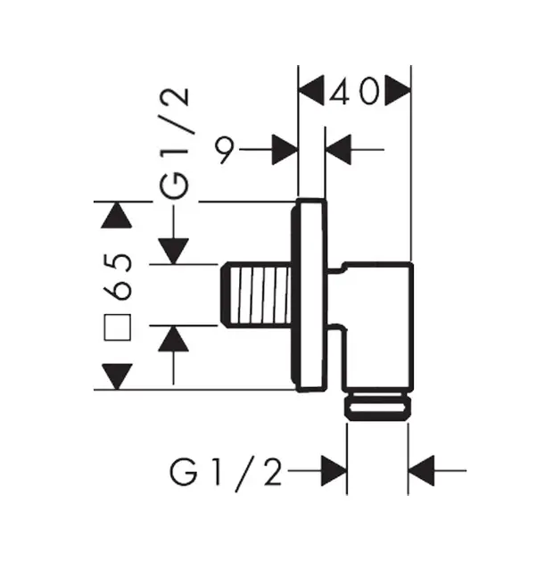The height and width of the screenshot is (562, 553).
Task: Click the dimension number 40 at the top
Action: coord(354,91)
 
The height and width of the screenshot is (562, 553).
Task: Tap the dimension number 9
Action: coord(225,149)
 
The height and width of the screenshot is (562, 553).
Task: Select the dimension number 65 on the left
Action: coord(117,277)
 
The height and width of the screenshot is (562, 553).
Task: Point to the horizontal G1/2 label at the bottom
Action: coord(226,473)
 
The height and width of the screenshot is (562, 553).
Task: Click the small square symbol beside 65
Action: coord(117,326)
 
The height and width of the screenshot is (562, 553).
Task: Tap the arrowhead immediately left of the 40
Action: coord(311,90)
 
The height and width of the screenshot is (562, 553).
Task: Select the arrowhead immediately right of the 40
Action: coord(398,90)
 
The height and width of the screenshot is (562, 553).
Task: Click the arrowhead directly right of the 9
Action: coord(285,150)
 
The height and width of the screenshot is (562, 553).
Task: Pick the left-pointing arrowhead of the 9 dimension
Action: coord(338,150)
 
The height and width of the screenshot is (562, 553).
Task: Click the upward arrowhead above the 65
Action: coord(117,215)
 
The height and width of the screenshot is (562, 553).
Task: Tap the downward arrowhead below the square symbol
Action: coord(117,376)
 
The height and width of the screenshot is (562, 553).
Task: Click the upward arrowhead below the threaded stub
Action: coord(173,339)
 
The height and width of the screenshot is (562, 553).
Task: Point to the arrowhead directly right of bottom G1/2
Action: coord(334,471)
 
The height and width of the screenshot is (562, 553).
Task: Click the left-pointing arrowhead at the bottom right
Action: coord(422,471)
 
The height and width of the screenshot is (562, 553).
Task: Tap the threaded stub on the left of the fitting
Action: coord(255,294)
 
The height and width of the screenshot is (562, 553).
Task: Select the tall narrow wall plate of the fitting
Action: coord(309,295)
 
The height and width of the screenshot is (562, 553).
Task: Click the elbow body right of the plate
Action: coord(373,326)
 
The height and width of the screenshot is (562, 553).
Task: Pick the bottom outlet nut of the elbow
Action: coord(378,406)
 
